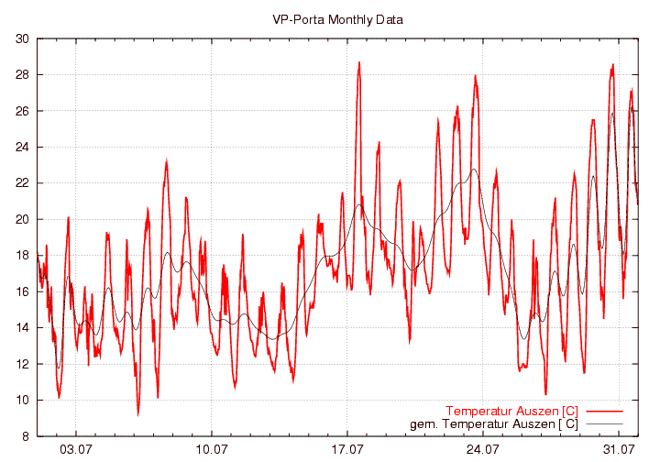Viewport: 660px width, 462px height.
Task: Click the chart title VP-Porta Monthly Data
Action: click(337, 19)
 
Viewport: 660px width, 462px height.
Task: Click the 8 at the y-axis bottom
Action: click(25, 436)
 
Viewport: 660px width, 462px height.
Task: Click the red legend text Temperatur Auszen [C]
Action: click(511, 410)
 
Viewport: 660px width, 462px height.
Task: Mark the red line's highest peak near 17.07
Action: click(359, 62)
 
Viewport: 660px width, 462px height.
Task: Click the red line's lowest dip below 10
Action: click(138, 414)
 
